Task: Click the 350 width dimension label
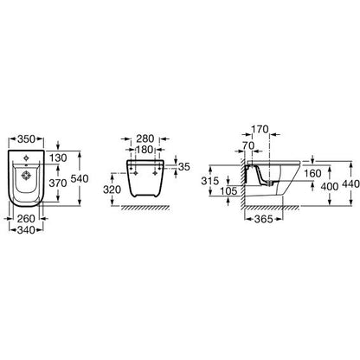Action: tap(26, 139)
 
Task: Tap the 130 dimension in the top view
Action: tap(58, 157)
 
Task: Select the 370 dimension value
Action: tap(58, 183)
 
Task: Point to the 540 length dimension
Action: tap(80, 179)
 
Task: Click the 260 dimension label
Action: tap(26, 219)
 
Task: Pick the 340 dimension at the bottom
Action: tap(26, 230)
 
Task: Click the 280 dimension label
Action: tap(145, 138)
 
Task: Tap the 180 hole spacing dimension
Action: tap(145, 150)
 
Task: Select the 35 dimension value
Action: tap(184, 167)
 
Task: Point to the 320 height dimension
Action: tap(112, 190)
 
